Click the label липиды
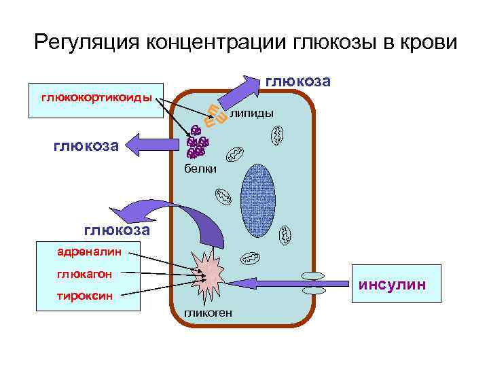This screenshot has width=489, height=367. [252, 113]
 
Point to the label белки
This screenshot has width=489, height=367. [201, 169]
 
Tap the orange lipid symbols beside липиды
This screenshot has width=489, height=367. [215, 118]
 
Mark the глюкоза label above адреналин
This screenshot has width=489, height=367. [116, 230]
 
